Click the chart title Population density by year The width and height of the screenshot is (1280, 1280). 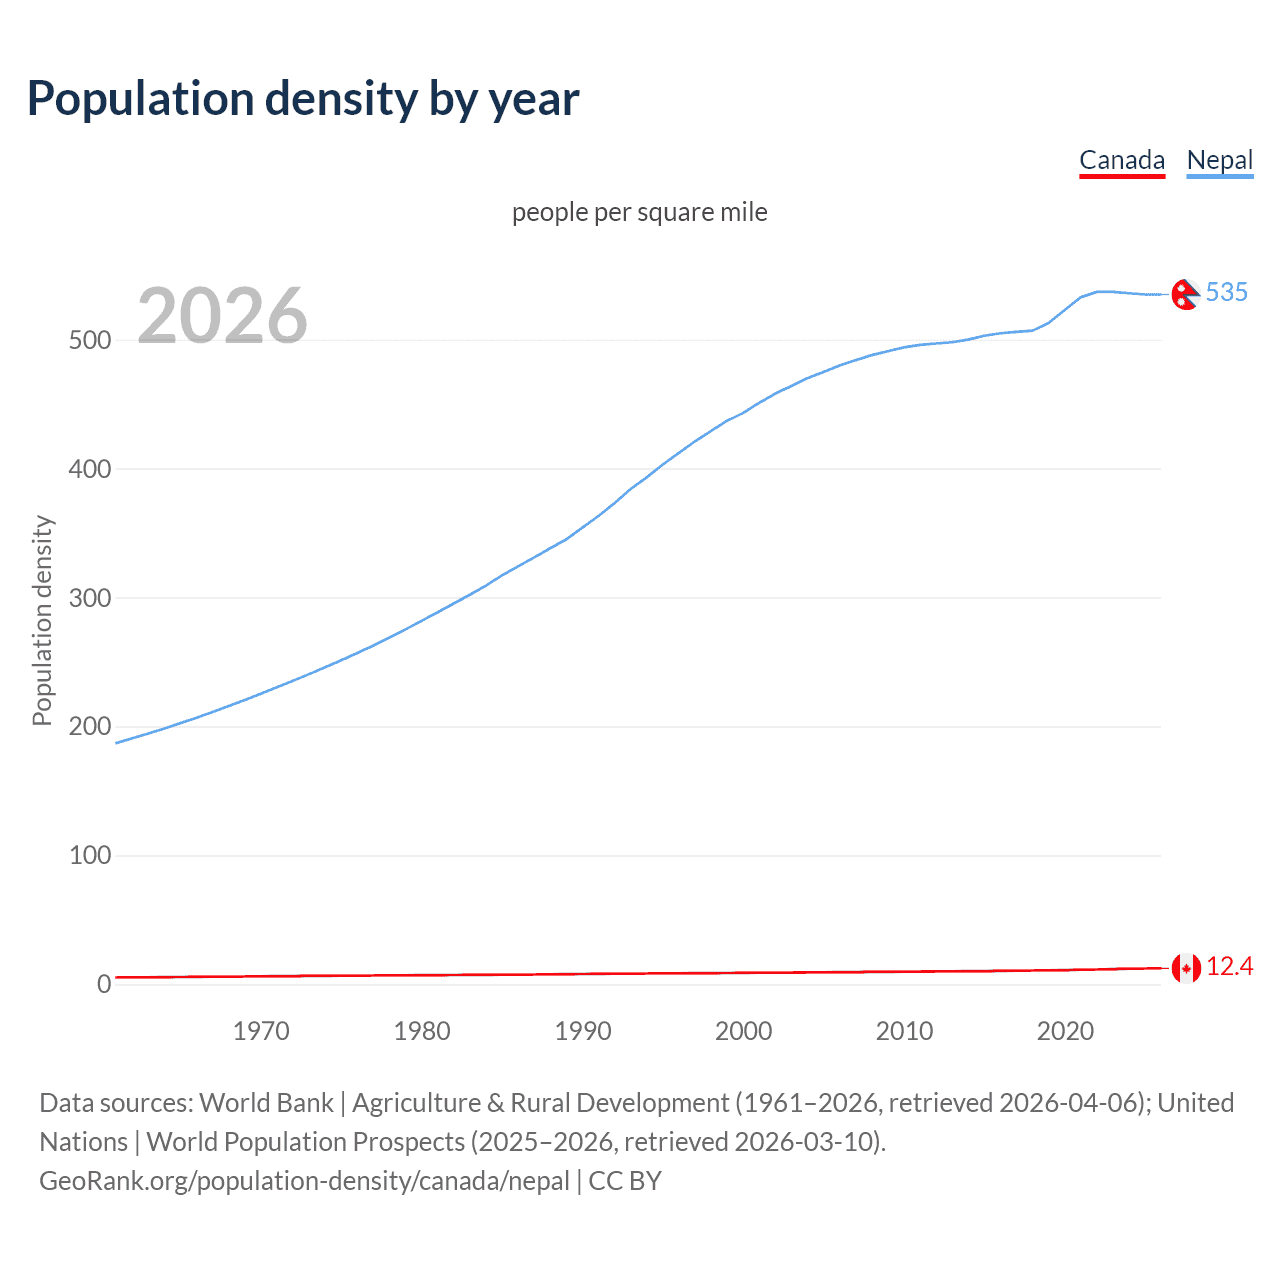pyautogui.click(x=303, y=99)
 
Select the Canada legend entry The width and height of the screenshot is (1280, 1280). pyautogui.click(x=1122, y=160)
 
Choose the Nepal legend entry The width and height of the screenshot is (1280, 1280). pyautogui.click(x=1219, y=160)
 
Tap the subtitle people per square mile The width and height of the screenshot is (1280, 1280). pyautogui.click(x=639, y=213)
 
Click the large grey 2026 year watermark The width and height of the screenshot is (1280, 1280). pyautogui.click(x=222, y=316)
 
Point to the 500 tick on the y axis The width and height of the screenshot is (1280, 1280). pyautogui.click(x=90, y=341)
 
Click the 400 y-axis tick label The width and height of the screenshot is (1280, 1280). pyautogui.click(x=90, y=469)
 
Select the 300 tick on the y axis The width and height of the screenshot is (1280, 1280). pyautogui.click(x=90, y=598)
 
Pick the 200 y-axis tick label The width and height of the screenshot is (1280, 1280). pyautogui.click(x=90, y=727)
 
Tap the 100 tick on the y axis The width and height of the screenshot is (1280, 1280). pyautogui.click(x=90, y=856)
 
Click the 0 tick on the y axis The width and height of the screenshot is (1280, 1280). pyautogui.click(x=104, y=984)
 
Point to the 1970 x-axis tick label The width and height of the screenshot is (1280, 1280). pyautogui.click(x=261, y=1031)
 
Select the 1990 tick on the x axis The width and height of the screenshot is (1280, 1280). pyautogui.click(x=583, y=1031)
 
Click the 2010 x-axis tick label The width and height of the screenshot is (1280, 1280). pyautogui.click(x=904, y=1031)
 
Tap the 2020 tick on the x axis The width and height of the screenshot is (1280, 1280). pyautogui.click(x=1065, y=1031)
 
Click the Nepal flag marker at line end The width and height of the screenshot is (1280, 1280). pyautogui.click(x=1185, y=294)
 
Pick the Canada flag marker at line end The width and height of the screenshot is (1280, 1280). pyautogui.click(x=1186, y=968)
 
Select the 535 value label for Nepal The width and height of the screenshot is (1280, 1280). pyautogui.click(x=1227, y=292)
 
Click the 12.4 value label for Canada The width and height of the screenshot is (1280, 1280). pyautogui.click(x=1229, y=967)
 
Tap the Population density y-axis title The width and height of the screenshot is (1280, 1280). pyautogui.click(x=42, y=620)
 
